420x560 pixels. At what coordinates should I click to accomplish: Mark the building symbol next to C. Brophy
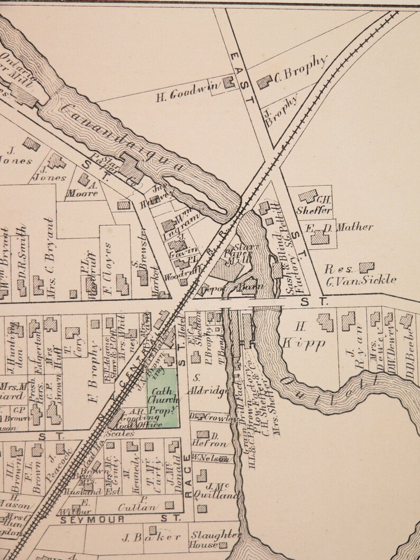coord(264,81)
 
